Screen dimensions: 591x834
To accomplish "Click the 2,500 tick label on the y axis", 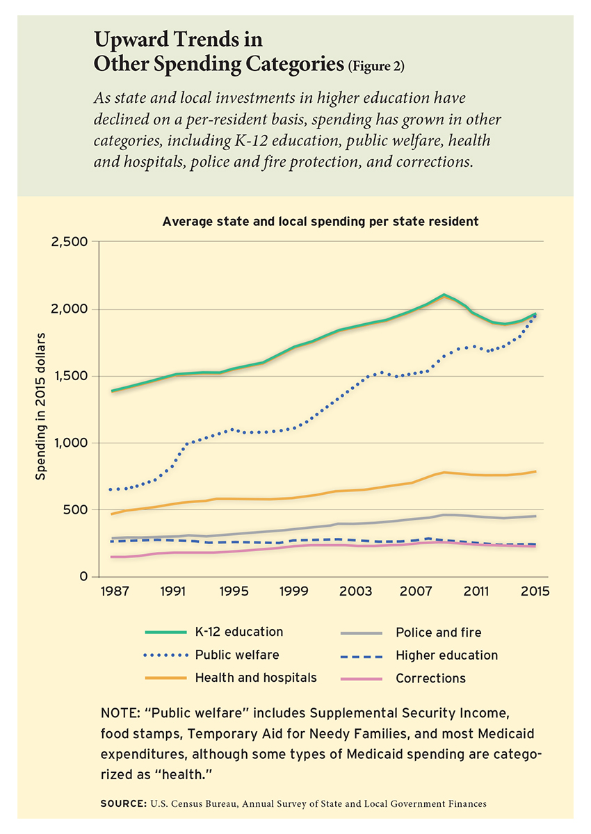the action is [x=70, y=242].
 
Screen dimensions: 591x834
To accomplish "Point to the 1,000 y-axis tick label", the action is [x=70, y=443].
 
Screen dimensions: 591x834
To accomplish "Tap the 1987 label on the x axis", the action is [x=115, y=591].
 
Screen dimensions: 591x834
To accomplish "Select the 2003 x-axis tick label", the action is [x=355, y=591].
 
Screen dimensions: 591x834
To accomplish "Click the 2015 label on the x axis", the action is [x=535, y=591].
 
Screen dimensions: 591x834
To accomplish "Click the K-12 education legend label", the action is [x=239, y=632].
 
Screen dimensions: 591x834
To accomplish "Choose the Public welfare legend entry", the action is [x=237, y=655].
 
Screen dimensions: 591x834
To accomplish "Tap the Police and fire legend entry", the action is [x=438, y=632].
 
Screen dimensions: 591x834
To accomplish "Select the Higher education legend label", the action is [x=447, y=655].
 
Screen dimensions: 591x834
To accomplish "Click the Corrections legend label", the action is [x=430, y=678].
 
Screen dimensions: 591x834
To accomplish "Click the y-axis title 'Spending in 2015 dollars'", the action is [x=40, y=407].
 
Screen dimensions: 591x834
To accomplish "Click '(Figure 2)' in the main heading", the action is [x=376, y=66].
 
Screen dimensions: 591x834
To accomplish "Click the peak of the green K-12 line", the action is [x=444, y=295].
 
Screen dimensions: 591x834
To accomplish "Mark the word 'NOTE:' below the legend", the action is [x=120, y=713].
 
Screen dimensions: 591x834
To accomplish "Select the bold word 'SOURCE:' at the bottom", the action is [x=124, y=804].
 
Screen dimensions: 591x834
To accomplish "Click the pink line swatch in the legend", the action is [x=362, y=679].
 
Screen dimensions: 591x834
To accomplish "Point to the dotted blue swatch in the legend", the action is [x=165, y=655].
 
